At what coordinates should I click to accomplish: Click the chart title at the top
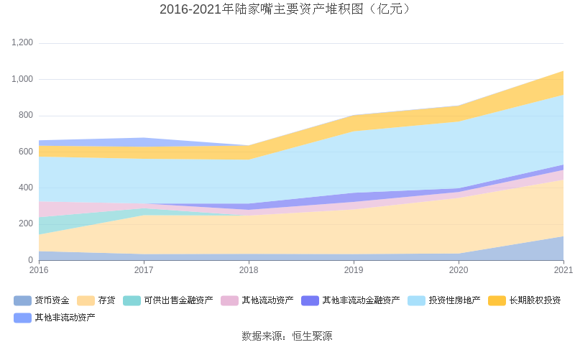(287, 9)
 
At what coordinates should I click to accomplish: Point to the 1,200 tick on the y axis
(22, 43)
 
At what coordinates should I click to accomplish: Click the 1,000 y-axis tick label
(22, 79)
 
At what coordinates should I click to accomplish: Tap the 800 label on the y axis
(26, 116)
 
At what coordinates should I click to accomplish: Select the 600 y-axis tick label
(26, 152)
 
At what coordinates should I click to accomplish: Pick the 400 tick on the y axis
(26, 188)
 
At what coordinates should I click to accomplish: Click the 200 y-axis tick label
(26, 223)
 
